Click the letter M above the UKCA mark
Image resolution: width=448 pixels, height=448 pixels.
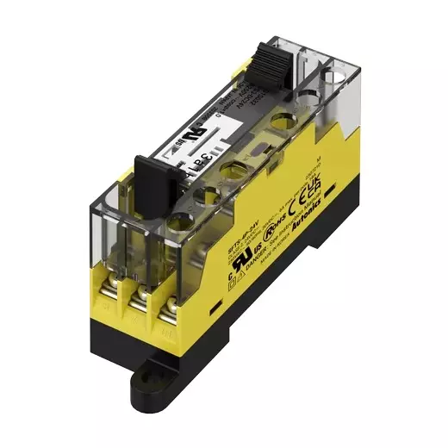(320, 162)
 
